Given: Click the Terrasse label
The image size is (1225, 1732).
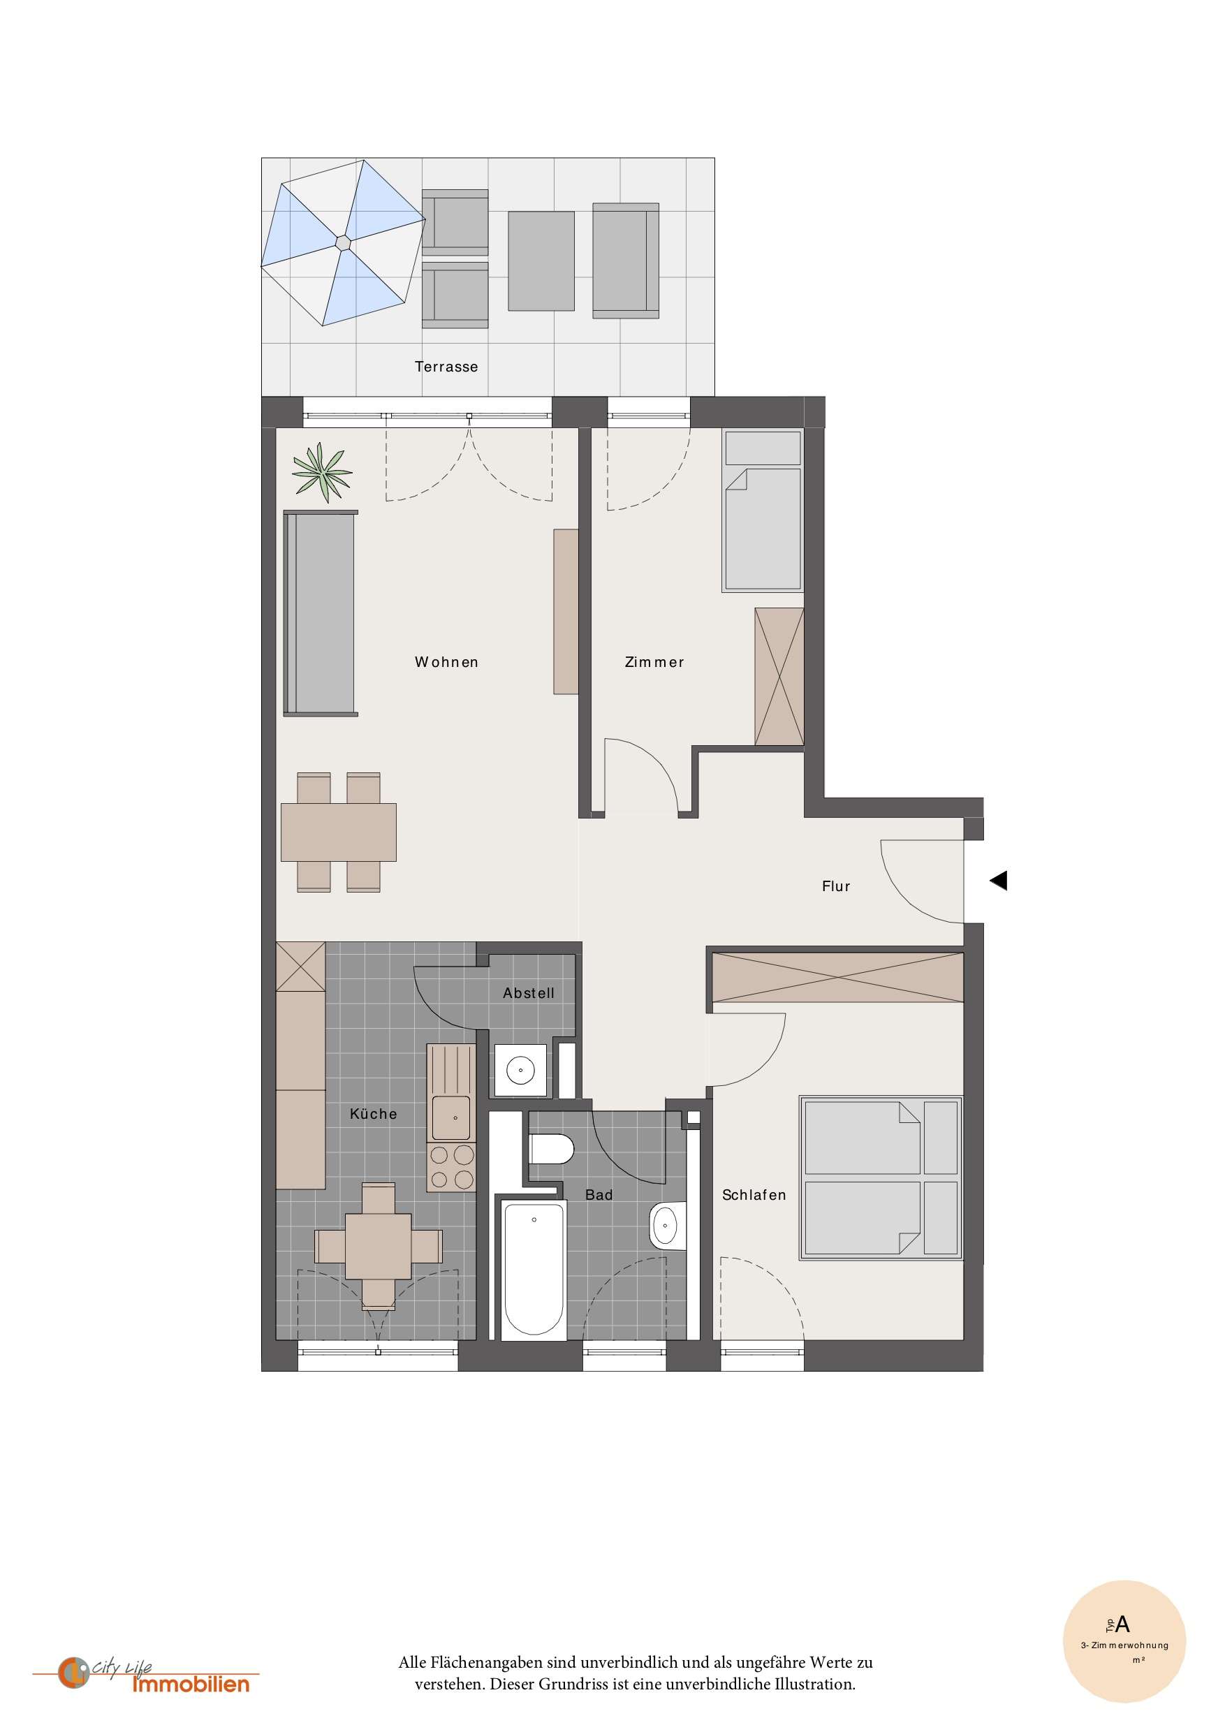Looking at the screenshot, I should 446,367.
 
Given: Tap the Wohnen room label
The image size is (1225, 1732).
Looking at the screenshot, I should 446,662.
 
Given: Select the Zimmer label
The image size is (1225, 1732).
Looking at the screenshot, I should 654,662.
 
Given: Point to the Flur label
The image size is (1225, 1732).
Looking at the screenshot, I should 836,886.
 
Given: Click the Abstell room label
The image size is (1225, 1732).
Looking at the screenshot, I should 528,994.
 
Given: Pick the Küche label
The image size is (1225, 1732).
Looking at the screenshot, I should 373,1114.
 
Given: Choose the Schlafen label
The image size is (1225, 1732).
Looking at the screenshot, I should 754,1195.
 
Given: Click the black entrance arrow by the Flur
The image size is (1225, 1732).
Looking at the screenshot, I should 999,881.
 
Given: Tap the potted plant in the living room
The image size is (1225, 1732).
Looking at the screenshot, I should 323,472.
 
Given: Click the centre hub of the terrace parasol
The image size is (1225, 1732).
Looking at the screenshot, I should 343,242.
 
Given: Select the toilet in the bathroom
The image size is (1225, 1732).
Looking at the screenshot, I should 552,1150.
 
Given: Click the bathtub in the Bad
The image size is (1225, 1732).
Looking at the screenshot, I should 534,1268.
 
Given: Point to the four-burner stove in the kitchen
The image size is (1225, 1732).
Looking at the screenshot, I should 451,1167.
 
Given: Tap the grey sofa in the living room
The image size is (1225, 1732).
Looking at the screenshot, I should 321,613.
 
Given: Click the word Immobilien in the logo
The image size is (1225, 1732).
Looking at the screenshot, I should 190,1685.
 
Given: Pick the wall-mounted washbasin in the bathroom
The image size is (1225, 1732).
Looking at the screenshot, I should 667,1226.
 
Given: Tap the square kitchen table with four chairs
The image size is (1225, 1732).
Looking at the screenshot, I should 378,1246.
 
